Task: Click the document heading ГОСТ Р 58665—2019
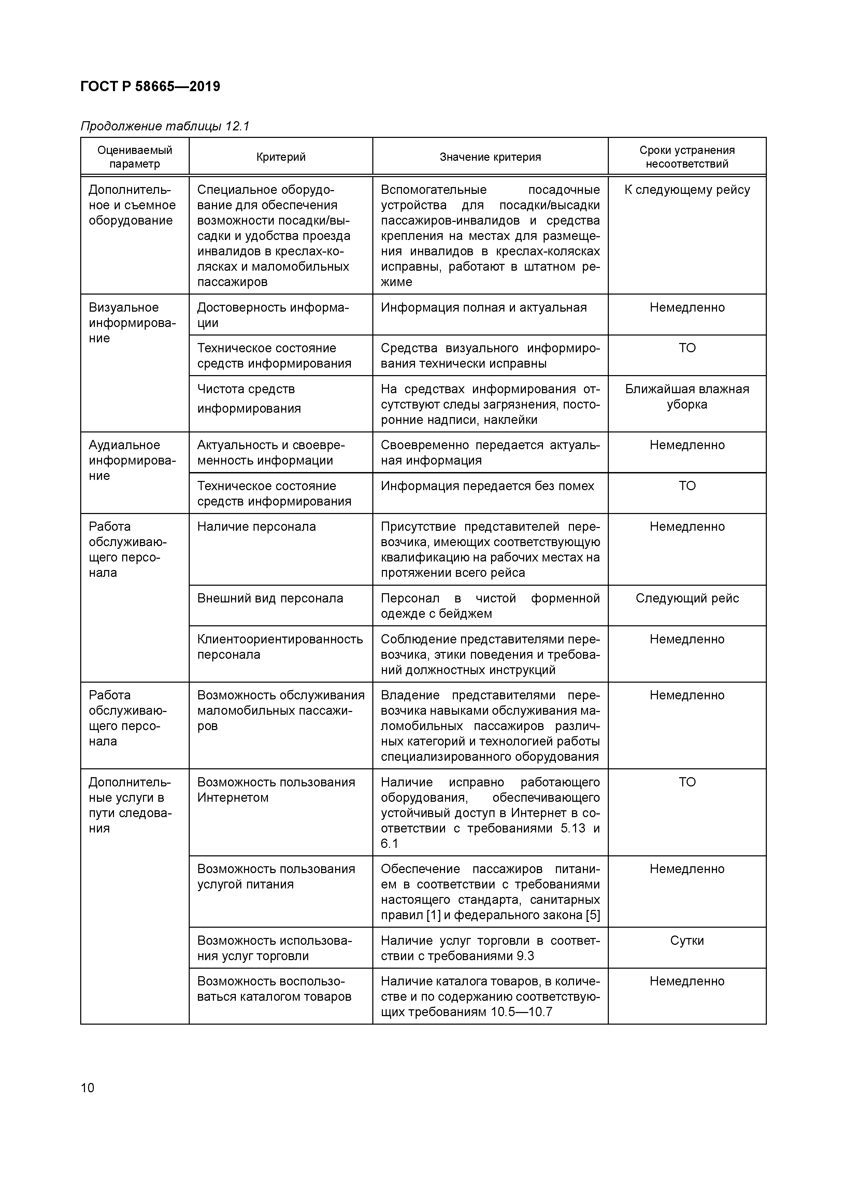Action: pyautogui.click(x=150, y=87)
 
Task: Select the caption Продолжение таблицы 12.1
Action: pyautogui.click(x=165, y=126)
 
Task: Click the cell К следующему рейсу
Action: pyautogui.click(x=687, y=190)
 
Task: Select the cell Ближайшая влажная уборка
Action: pyautogui.click(x=687, y=397)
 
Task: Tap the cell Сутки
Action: pyautogui.click(x=687, y=941)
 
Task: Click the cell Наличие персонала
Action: pyautogui.click(x=256, y=527)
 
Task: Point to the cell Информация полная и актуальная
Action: pyautogui.click(x=483, y=308)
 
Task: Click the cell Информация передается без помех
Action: pyautogui.click(x=487, y=486)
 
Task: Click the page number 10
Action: pyautogui.click(x=88, y=1087)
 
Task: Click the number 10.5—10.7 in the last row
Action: pyautogui.click(x=521, y=1012)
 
